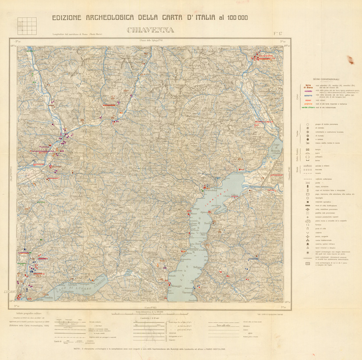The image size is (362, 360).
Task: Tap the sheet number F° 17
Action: [278, 32]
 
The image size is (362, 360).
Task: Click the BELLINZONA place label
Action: [42, 150]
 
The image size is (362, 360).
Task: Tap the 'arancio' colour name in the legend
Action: [307, 103]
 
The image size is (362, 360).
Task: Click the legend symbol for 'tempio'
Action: [308, 150]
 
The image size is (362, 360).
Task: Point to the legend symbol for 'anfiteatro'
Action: [308, 157]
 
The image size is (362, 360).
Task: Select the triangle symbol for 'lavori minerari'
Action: [308, 247]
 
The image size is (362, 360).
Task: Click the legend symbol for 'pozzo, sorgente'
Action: [308, 236]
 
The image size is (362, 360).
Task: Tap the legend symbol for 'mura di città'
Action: [308, 206]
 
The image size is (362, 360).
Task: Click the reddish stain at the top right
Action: [349, 59]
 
